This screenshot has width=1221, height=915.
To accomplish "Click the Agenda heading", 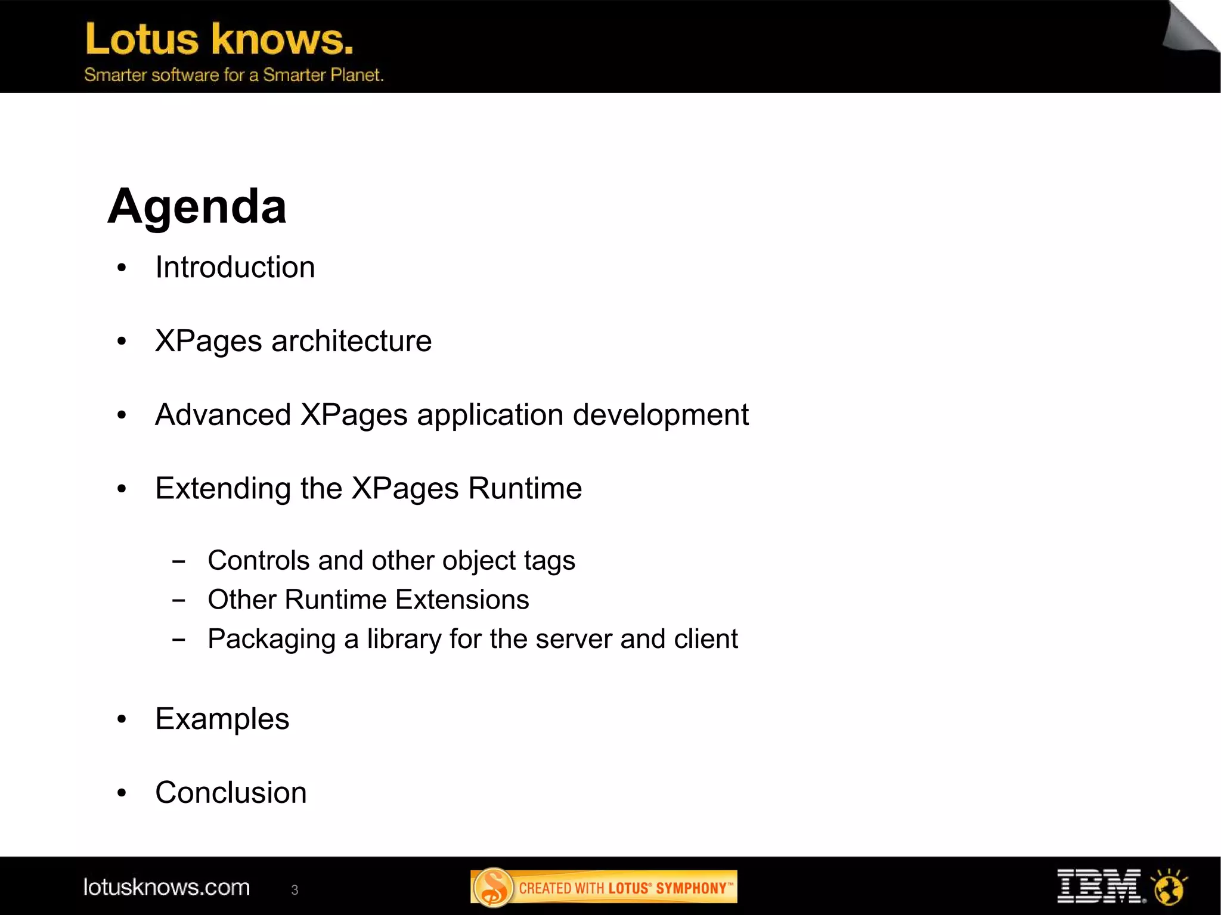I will click(197, 206).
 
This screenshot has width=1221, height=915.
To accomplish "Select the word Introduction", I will click(235, 267).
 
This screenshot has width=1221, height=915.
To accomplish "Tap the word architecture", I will click(351, 341).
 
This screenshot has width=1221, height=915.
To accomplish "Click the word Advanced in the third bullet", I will click(223, 414).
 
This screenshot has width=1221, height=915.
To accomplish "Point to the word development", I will click(661, 415).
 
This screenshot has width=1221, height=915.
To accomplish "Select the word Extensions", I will click(462, 600).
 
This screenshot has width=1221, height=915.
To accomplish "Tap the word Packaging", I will click(271, 640).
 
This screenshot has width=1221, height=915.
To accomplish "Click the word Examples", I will click(222, 719).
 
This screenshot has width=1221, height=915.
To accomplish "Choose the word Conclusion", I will click(231, 793).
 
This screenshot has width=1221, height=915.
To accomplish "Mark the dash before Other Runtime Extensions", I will click(178, 600).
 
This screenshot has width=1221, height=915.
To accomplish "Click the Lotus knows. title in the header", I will click(219, 39).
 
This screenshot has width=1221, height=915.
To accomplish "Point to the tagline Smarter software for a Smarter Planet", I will click(234, 75).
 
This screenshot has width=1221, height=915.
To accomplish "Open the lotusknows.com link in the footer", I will click(166, 887).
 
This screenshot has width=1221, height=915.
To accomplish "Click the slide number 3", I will click(295, 890).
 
